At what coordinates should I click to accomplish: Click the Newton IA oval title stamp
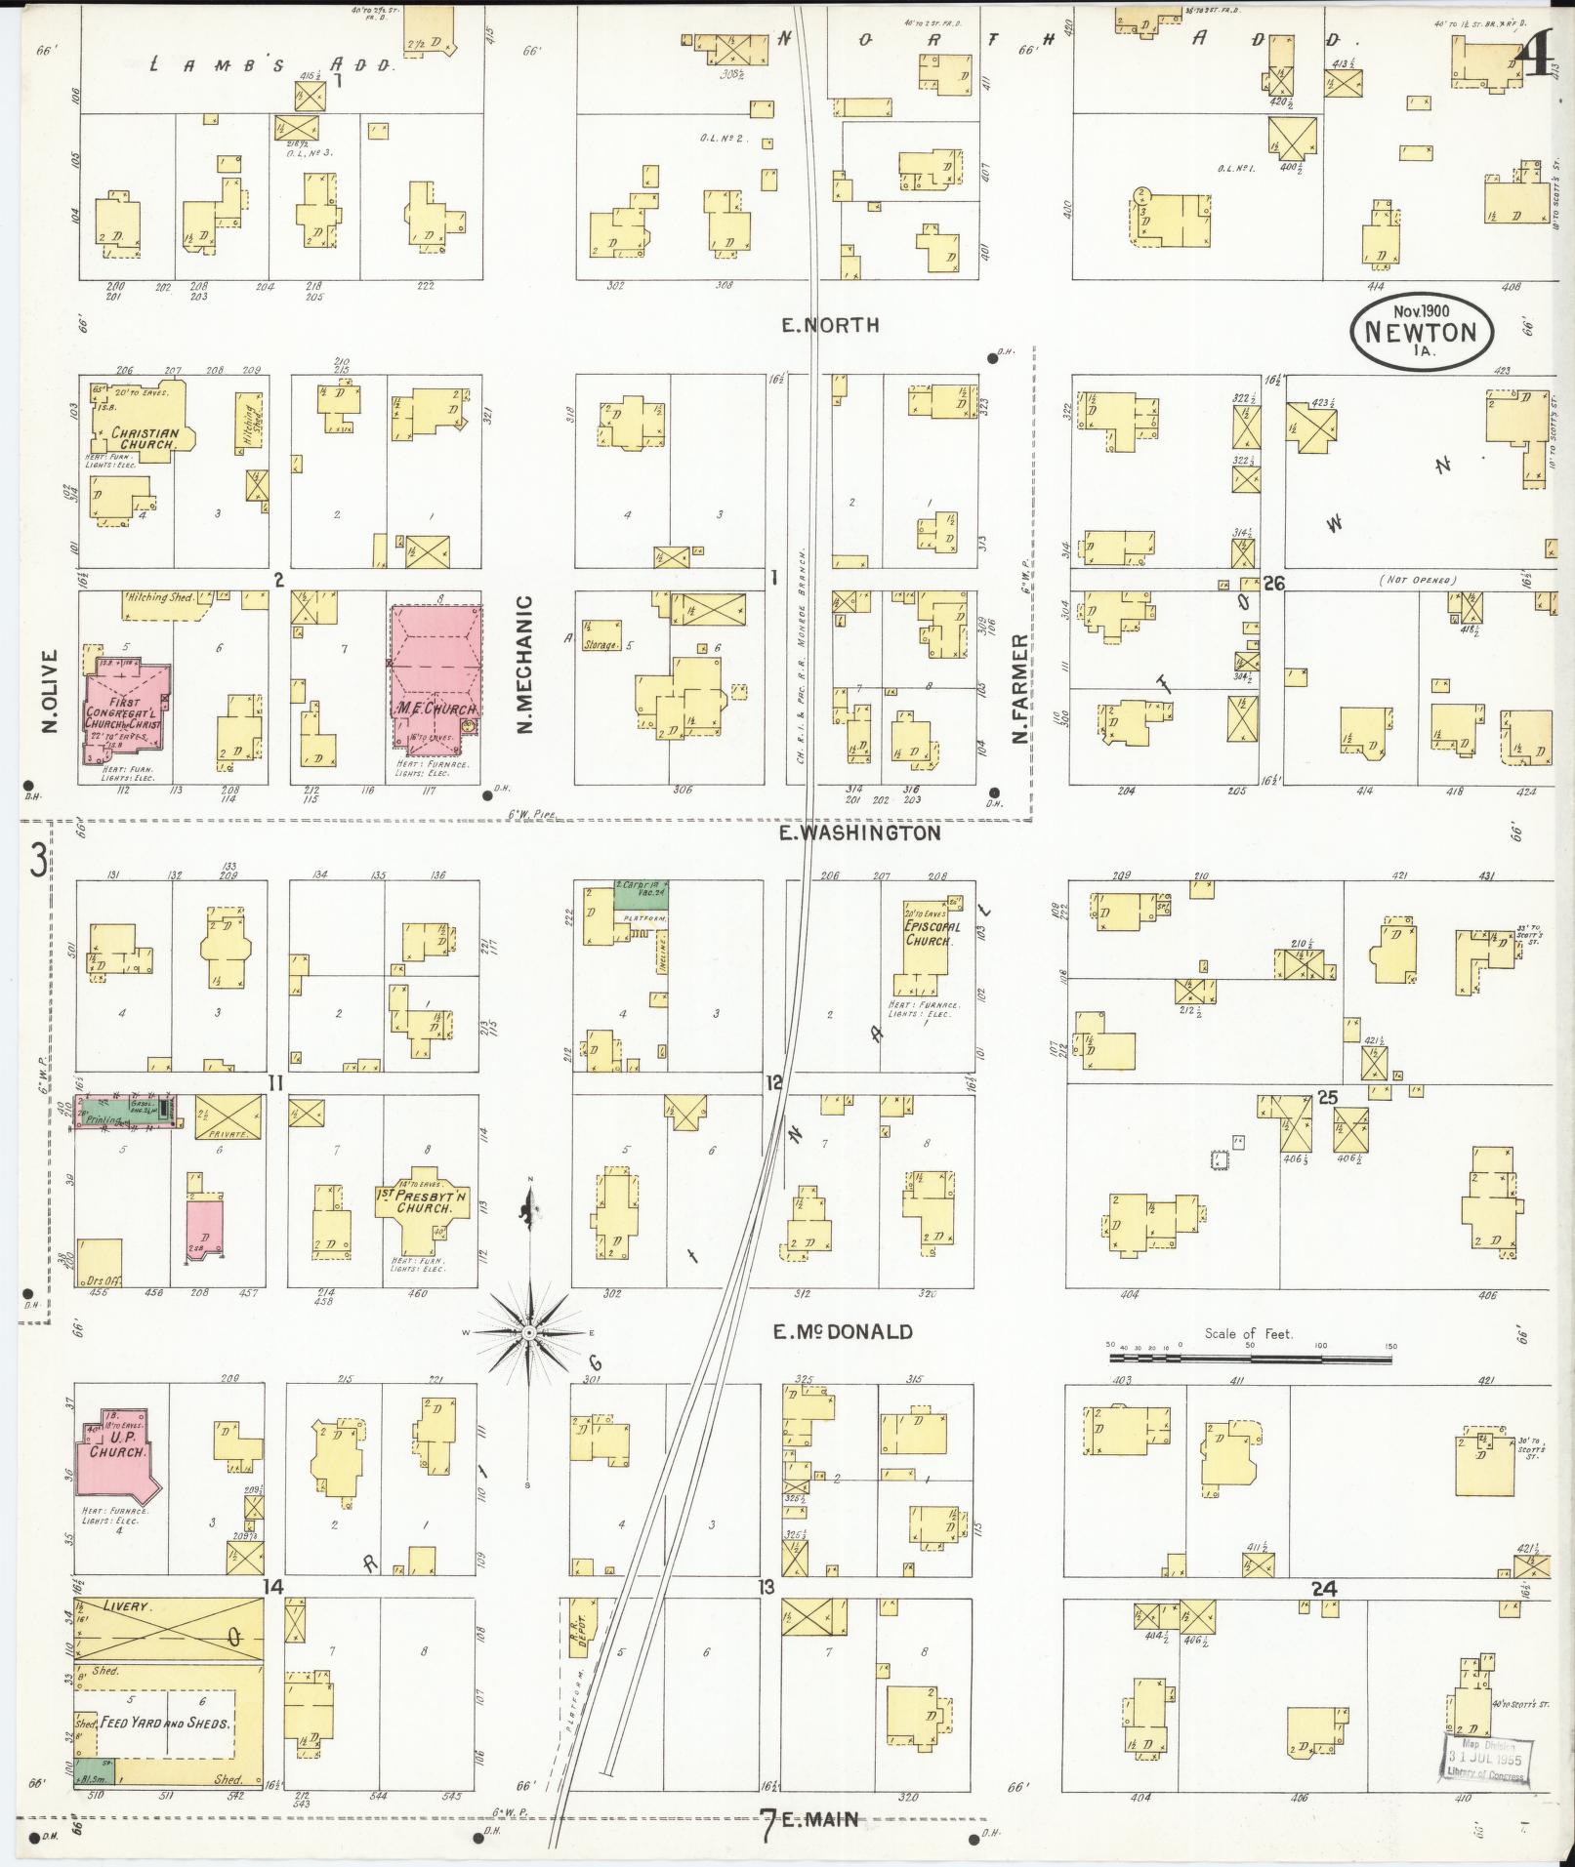pos(1422,332)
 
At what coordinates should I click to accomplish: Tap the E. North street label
pos(830,325)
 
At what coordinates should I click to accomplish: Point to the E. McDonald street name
pos(842,1331)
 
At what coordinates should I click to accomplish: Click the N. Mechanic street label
pos(524,665)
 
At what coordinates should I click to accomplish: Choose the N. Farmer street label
pos(1020,689)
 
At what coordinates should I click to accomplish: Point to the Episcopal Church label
pos(933,933)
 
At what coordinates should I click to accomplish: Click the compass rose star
pos(528,1331)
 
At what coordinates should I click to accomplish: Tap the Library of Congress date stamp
pos(1485,1762)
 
